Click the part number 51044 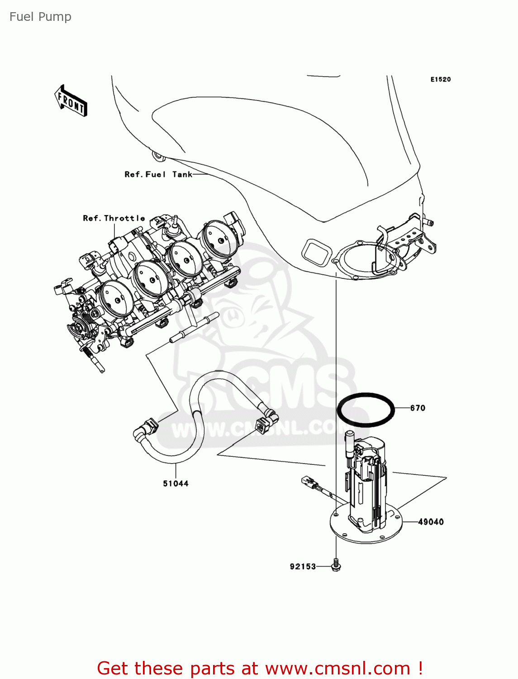coord(176,483)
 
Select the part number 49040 coord(430,522)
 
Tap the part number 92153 coord(303,566)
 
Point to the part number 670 coord(418,408)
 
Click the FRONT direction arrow coord(71,101)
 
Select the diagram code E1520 coord(440,79)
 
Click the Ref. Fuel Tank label coord(158,174)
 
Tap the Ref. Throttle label coord(114,218)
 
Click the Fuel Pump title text coord(40,17)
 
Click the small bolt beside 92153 coord(336,565)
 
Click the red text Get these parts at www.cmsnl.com coord(260,668)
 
